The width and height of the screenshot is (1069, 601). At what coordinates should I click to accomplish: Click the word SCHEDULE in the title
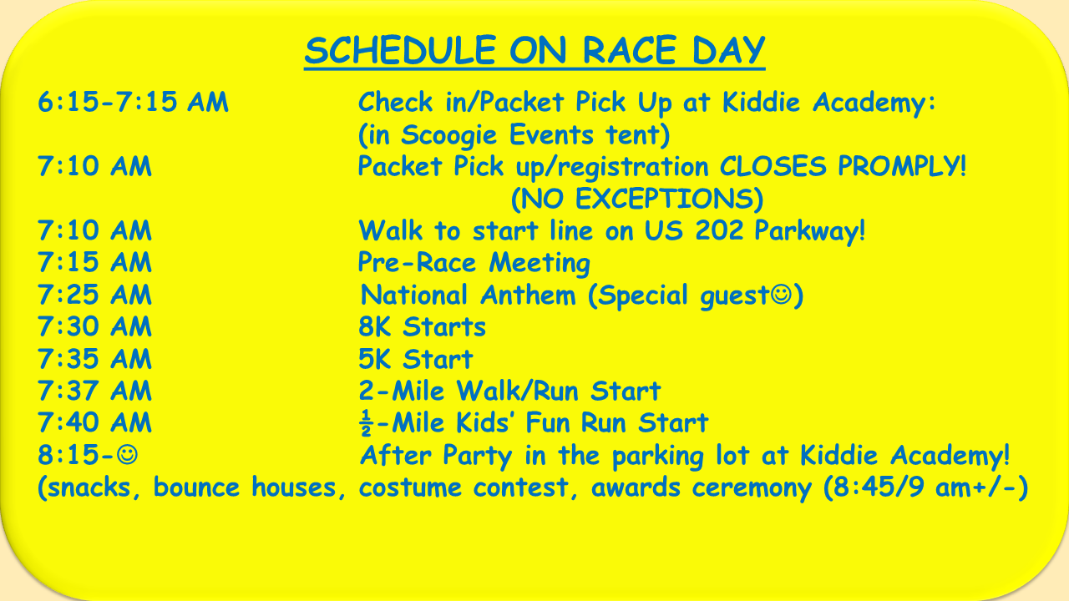click(400, 50)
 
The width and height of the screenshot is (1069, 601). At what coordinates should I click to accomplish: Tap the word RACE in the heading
click(630, 50)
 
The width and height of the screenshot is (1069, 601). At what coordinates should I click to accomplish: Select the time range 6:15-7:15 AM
click(133, 102)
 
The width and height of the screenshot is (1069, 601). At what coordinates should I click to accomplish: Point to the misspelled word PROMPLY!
click(902, 166)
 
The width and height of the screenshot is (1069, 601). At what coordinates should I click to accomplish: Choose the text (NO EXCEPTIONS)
click(637, 199)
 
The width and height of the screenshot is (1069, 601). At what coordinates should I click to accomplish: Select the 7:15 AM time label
click(94, 262)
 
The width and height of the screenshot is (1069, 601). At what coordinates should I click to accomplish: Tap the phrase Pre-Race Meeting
click(474, 263)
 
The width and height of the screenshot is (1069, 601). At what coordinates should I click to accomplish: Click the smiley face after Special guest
click(781, 294)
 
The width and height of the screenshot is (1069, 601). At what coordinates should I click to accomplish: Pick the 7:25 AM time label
click(94, 295)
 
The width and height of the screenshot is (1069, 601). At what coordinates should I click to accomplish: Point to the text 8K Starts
click(422, 326)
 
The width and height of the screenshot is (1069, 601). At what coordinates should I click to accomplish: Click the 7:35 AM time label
click(94, 359)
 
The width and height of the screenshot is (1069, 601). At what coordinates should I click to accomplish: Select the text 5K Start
click(415, 359)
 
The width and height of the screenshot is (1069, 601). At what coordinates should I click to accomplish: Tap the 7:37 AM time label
click(94, 391)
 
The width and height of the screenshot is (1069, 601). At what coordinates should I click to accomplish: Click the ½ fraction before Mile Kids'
click(366, 422)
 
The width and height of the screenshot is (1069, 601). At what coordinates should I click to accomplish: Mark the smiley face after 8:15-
click(128, 455)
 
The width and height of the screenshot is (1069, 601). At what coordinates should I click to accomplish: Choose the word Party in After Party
click(477, 456)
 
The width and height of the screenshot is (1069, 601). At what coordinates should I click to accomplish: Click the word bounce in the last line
click(196, 487)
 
